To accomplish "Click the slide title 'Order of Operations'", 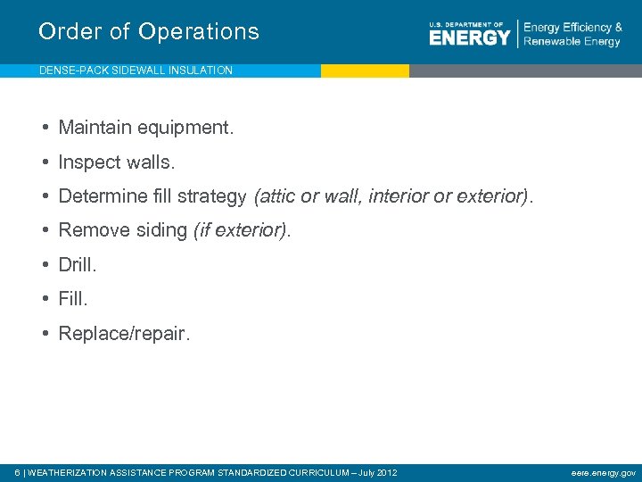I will (x=149, y=32).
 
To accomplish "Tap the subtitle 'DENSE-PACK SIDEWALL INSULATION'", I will (x=136, y=71).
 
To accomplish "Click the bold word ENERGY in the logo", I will (x=469, y=37).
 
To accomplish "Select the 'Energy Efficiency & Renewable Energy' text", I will (x=572, y=35).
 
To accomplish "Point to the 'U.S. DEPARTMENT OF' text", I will (x=466, y=24).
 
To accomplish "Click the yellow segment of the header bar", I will (x=365, y=71).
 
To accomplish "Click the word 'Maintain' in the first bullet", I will (x=92, y=128).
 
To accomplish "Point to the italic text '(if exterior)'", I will (x=240, y=231).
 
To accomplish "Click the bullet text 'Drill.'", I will (x=78, y=265).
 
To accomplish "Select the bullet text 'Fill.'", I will (x=73, y=299).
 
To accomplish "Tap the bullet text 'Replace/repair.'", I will (x=124, y=334).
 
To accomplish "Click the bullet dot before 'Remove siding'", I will (x=45, y=231).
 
